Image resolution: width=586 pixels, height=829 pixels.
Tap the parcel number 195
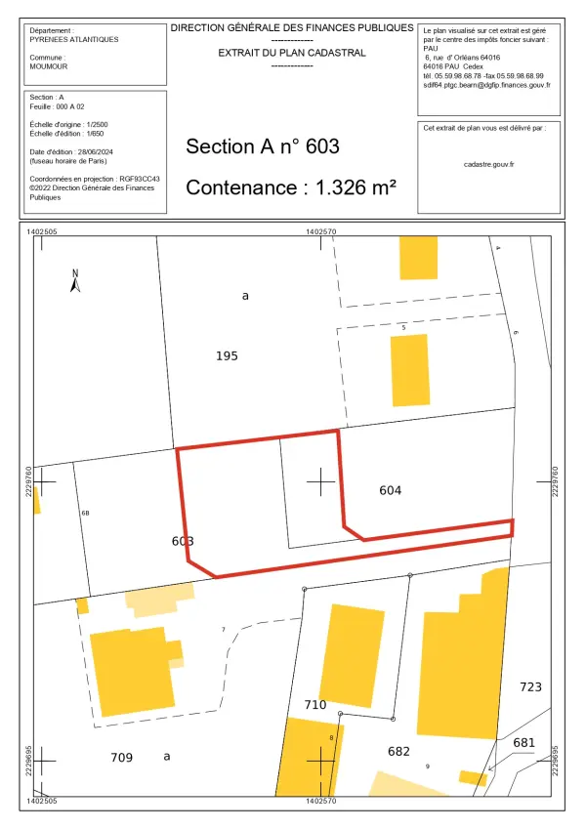[x=227, y=356]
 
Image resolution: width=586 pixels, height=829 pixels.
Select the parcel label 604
[x=391, y=490]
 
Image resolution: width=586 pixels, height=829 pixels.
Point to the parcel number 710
[x=314, y=704]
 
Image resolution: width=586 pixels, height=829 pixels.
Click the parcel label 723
[x=529, y=687]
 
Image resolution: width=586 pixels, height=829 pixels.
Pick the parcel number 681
[x=524, y=743]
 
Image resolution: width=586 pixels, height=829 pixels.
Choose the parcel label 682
[x=398, y=751]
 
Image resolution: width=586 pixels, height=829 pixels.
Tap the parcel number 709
[x=121, y=757]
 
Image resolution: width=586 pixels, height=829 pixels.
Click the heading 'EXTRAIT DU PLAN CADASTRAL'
[x=292, y=51]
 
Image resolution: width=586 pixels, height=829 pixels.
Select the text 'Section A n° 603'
[x=262, y=146]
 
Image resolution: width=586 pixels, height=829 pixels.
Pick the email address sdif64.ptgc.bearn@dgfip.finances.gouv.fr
[x=486, y=85]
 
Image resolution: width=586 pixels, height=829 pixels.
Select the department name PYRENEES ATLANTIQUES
[x=74, y=40]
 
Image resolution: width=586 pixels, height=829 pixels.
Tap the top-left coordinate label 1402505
[x=43, y=232]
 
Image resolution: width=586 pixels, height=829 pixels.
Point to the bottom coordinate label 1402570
[x=321, y=801]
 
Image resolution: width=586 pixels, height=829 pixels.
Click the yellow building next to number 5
[x=409, y=369]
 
